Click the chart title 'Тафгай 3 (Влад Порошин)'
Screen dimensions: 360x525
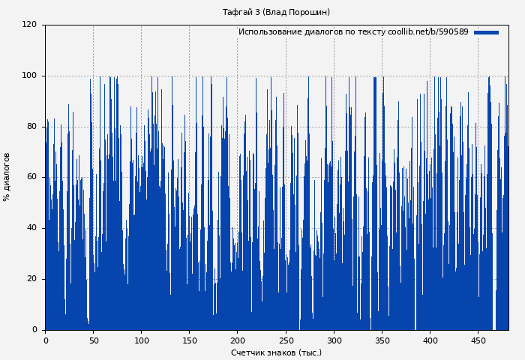[x=276, y=12]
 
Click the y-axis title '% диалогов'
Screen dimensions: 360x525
[x=7, y=177]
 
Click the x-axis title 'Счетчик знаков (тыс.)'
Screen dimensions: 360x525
[x=276, y=352]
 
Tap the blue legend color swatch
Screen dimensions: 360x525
[x=486, y=32]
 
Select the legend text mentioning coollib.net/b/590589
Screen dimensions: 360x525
[x=353, y=32]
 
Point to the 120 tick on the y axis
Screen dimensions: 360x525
[x=29, y=25]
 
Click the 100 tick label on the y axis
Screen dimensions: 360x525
[x=29, y=76]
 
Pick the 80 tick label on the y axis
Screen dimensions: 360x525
[x=31, y=127]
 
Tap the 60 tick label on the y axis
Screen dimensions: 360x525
[x=31, y=177]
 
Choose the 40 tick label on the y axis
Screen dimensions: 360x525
[x=31, y=228]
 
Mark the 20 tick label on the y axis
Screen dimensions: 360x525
[x=31, y=279]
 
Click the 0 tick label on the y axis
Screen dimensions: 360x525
[x=34, y=330]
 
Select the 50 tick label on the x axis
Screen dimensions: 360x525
[x=93, y=340]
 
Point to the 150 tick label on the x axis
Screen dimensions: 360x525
[x=189, y=340]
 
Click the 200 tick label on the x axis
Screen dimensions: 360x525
[x=237, y=340]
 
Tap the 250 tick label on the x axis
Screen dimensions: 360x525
[x=286, y=340]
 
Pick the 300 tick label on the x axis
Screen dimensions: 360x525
[x=334, y=340]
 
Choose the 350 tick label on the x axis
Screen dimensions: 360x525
[x=382, y=340]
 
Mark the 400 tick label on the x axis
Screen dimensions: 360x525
[x=430, y=340]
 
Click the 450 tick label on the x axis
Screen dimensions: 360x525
[x=478, y=340]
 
